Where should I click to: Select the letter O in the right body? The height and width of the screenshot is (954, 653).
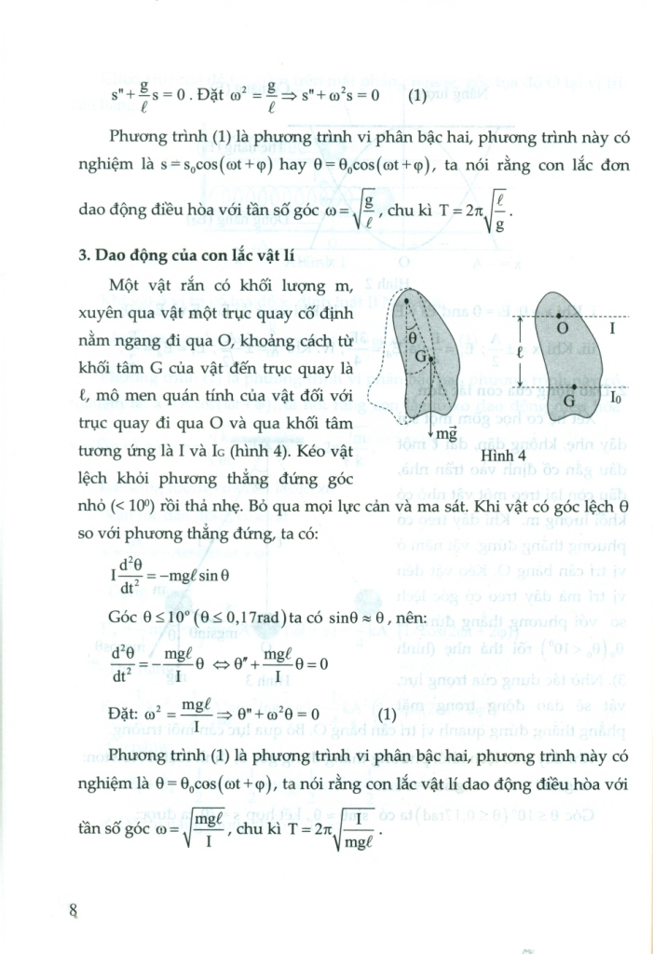click(x=562, y=328)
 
